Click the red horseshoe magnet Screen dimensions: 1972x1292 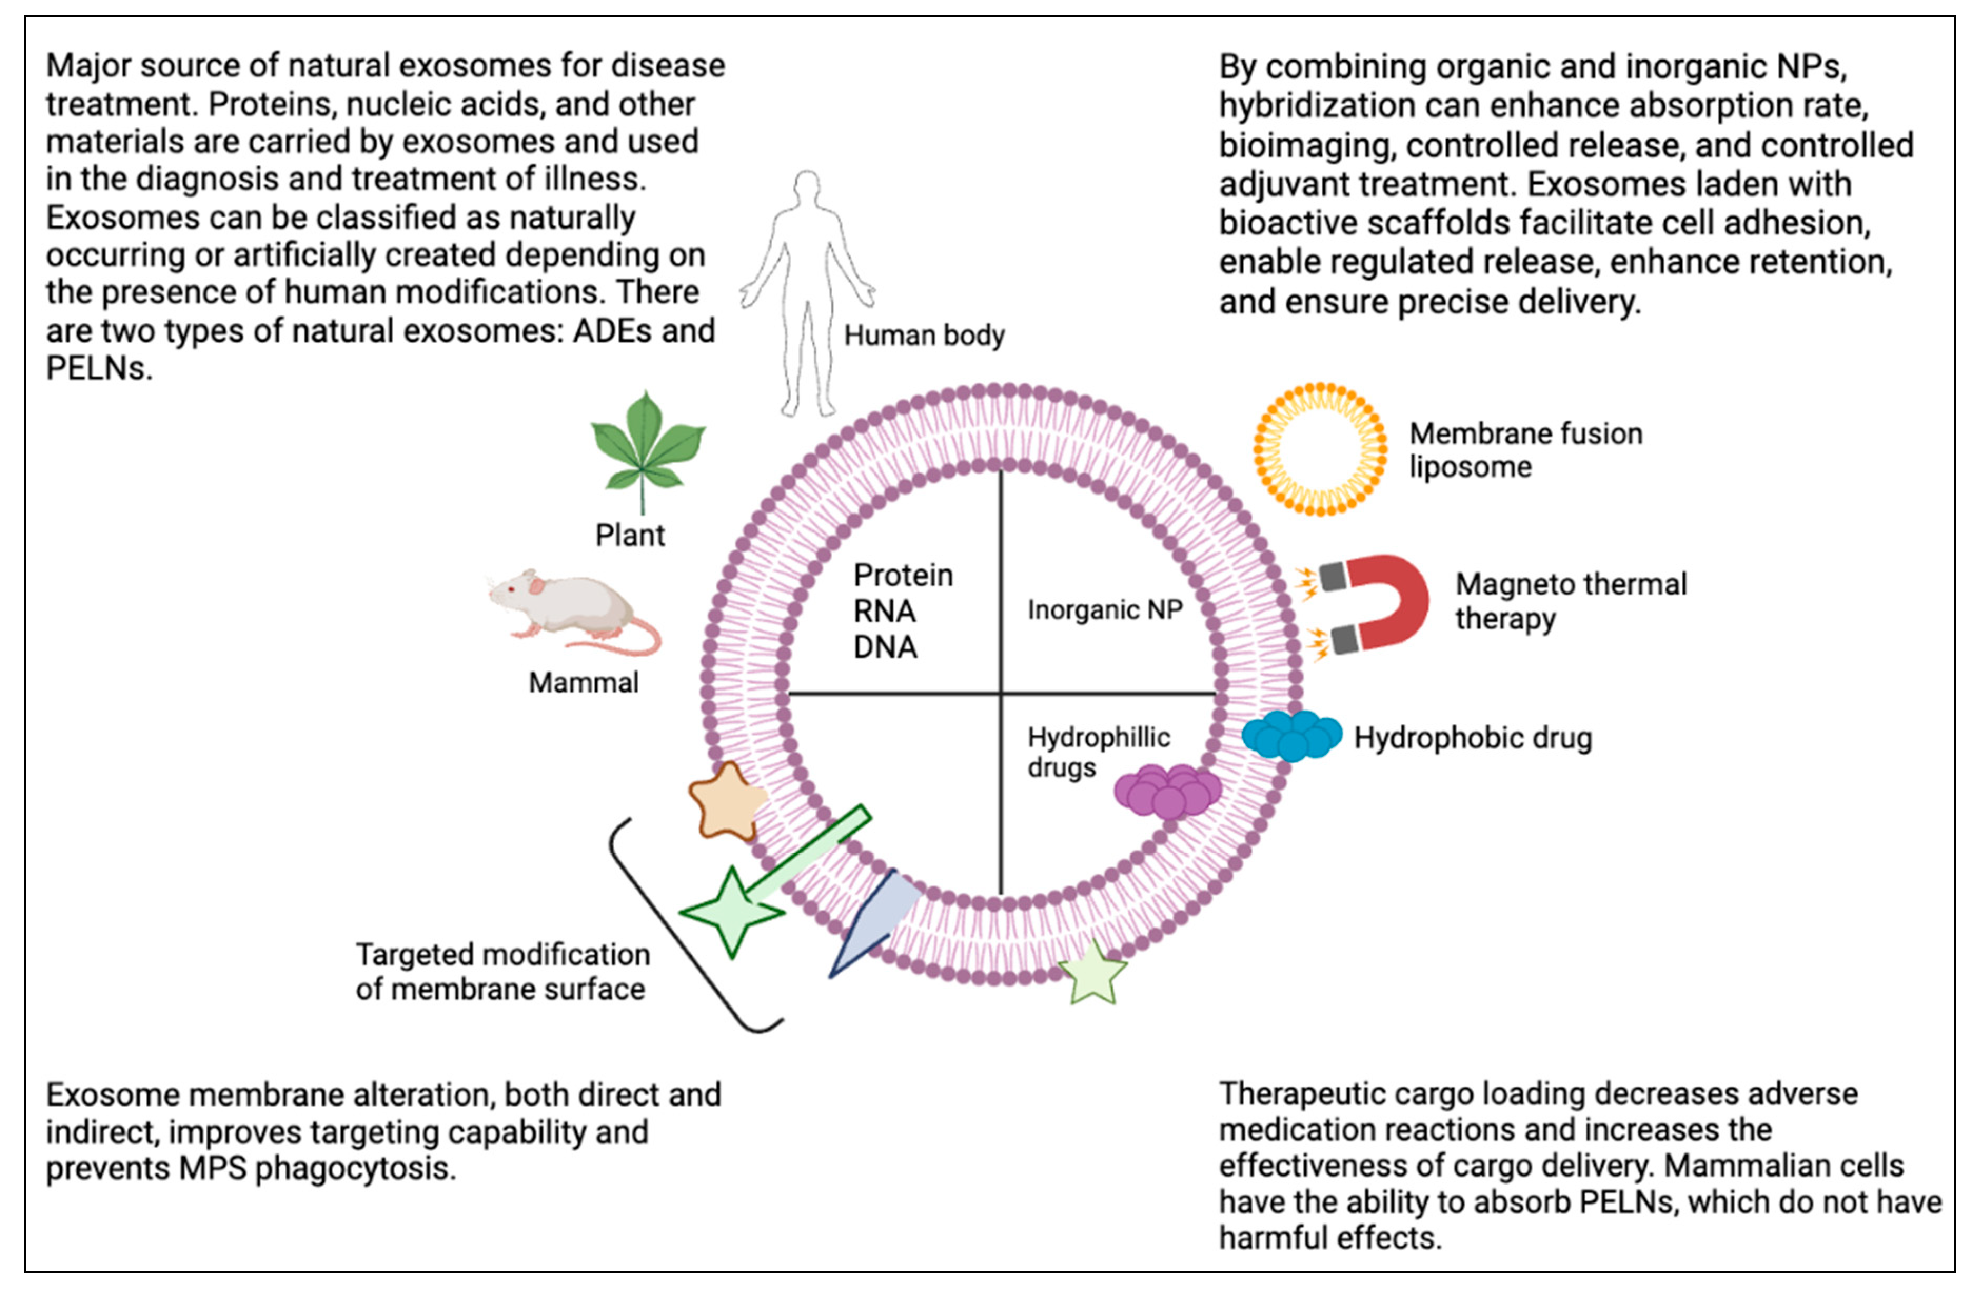1375,603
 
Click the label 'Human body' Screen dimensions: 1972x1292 924,336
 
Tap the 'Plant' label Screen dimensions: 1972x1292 630,535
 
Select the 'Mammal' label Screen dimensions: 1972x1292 583,683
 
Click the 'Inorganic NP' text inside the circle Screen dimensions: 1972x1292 1105,610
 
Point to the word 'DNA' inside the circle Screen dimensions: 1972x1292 885,647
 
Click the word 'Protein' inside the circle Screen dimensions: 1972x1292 903,575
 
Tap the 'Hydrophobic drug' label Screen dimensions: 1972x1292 1472,737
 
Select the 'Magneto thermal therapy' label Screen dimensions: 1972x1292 1571,601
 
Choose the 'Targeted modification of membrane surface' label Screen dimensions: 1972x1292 502,971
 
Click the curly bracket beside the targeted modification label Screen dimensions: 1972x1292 696,926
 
